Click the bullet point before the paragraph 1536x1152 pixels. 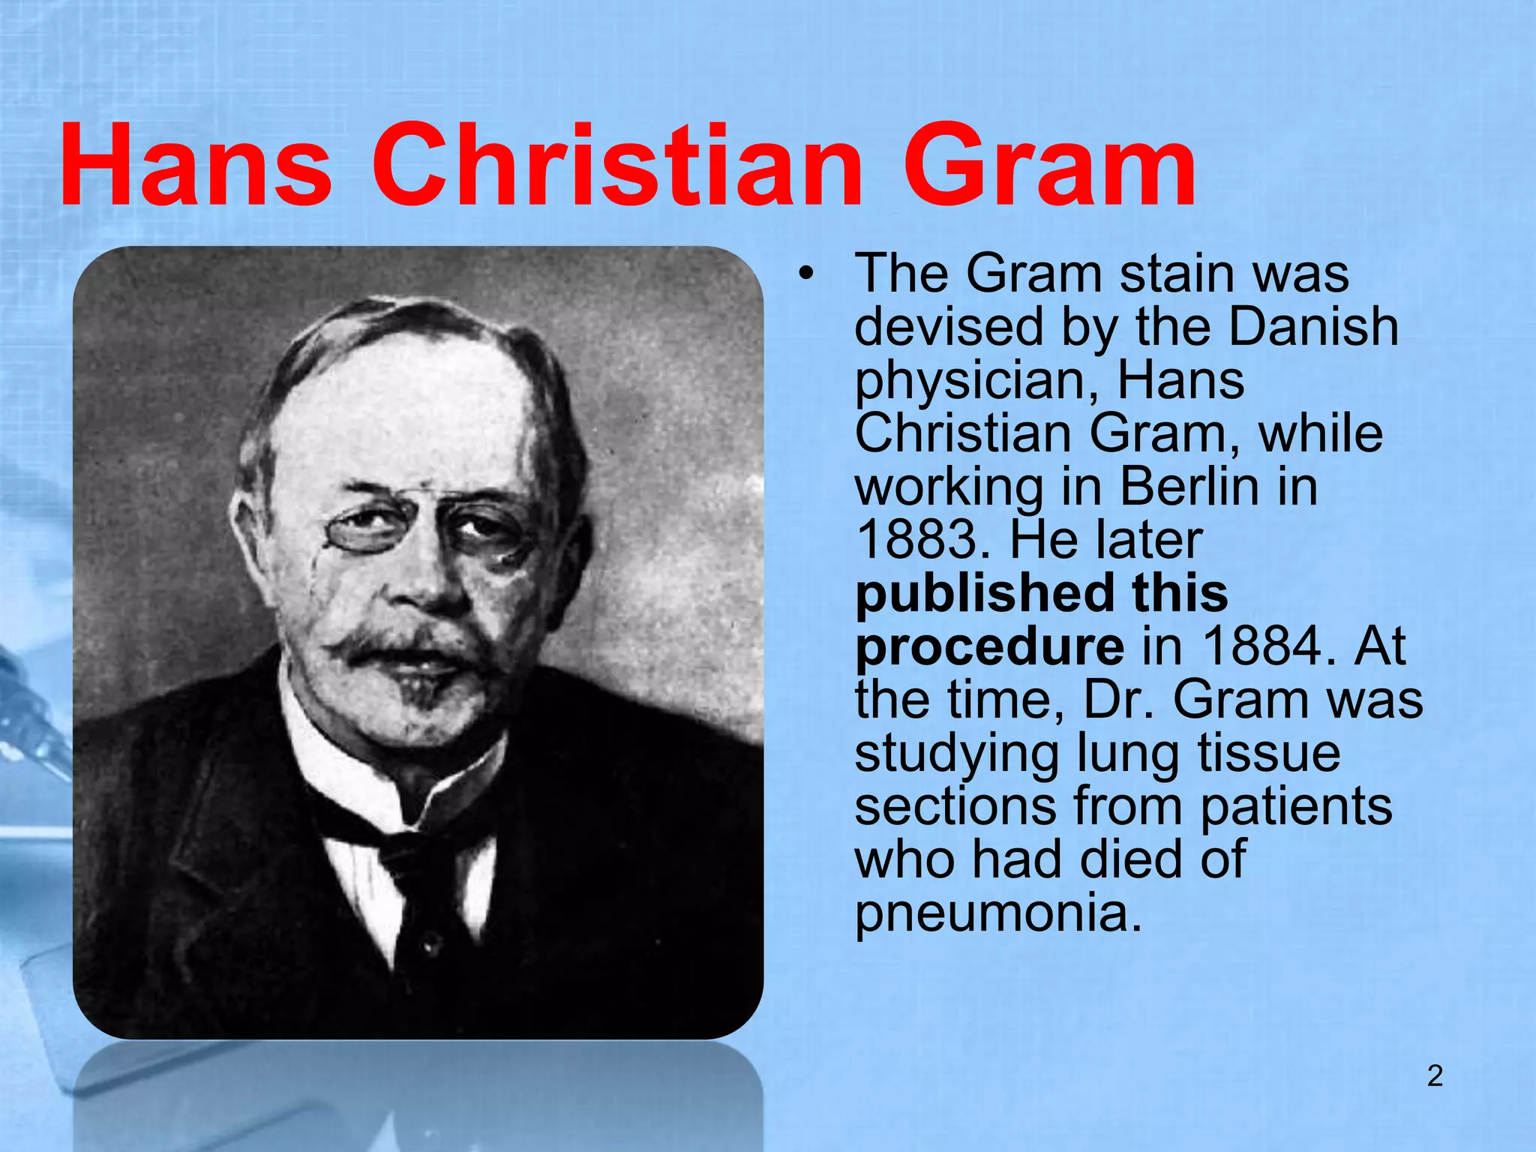(805, 274)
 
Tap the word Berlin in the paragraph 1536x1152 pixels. (1189, 487)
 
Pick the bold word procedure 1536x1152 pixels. (989, 646)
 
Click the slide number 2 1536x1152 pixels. (1435, 1076)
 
